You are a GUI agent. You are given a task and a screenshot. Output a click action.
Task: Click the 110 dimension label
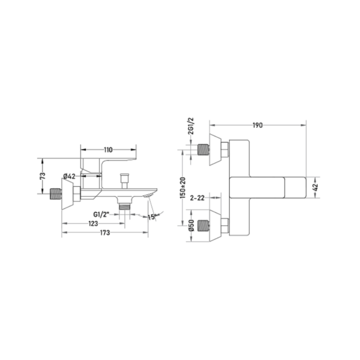(108, 150)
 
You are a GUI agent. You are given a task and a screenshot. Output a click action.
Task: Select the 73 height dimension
(43, 176)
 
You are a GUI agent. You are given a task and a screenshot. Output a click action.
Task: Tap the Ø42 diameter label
(69, 176)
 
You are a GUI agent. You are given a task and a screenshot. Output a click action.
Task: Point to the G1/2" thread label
(101, 215)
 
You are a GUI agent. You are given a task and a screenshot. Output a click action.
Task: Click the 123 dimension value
(93, 223)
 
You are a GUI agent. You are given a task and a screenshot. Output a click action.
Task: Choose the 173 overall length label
(105, 233)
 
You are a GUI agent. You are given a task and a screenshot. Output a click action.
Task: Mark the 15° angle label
(152, 217)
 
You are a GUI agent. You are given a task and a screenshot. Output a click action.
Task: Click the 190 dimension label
(257, 125)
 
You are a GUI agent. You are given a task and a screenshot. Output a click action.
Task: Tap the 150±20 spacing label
(183, 188)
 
